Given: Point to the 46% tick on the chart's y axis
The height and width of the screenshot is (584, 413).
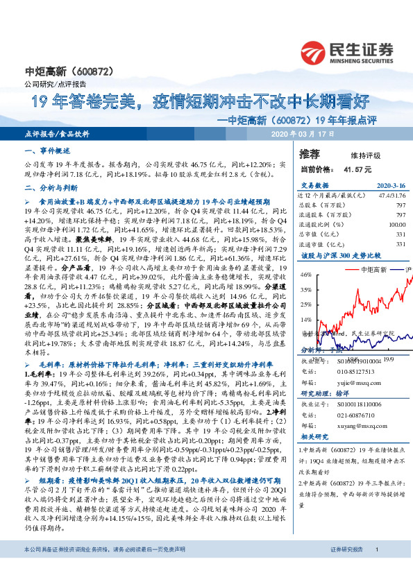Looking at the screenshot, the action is tap(305, 275).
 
